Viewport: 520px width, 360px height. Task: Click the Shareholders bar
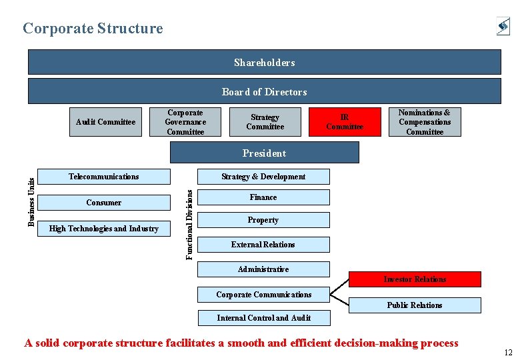[264, 63]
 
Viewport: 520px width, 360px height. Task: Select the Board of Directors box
[264, 91]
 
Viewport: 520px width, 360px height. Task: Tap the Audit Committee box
[105, 122]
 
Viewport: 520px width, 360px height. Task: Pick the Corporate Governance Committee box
[185, 122]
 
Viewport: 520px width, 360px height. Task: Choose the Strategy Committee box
[265, 122]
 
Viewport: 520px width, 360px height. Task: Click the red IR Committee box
[345, 122]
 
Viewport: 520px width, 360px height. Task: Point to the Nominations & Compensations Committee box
[425, 122]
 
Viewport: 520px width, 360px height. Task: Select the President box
[264, 153]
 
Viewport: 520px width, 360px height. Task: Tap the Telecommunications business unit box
[104, 177]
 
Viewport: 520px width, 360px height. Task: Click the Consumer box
[104, 203]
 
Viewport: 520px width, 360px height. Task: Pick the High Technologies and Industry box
[104, 229]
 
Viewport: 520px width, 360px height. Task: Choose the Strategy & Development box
[263, 177]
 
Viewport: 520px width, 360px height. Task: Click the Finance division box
[263, 197]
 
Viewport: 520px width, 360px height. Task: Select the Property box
[263, 220]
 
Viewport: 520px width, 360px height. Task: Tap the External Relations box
[263, 245]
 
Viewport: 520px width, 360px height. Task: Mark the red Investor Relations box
[415, 279]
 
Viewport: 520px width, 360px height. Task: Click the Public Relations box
[415, 305]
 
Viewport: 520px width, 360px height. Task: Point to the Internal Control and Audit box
[264, 318]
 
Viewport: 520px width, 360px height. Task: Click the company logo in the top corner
[503, 26]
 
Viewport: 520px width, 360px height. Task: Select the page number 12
[509, 352]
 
